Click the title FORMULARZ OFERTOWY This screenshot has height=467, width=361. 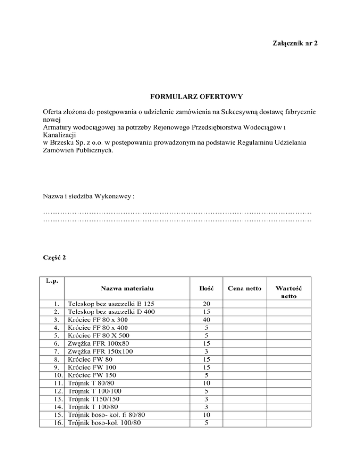(196, 97)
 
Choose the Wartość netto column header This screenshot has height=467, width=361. (289, 293)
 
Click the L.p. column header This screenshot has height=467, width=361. (52, 281)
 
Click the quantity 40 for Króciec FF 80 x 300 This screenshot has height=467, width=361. (205, 319)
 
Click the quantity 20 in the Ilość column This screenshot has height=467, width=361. (205, 304)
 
